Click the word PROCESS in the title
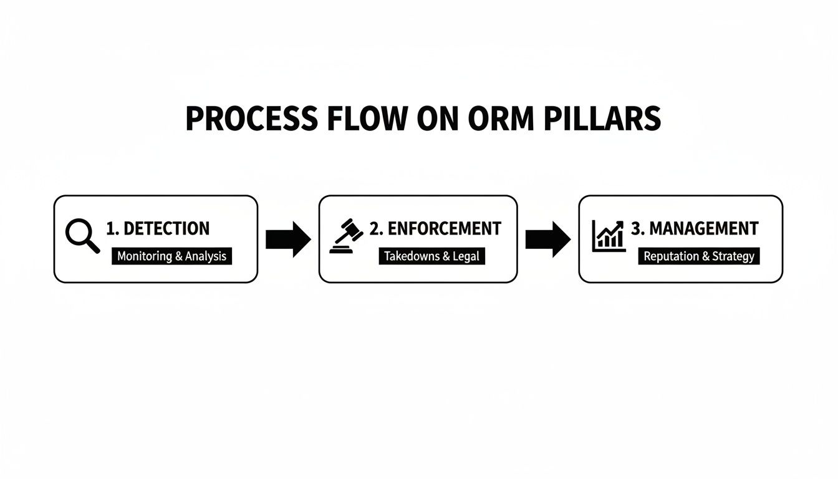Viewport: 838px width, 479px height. click(x=252, y=119)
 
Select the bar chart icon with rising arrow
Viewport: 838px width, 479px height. click(x=608, y=235)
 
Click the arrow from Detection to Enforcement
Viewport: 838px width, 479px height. click(x=287, y=239)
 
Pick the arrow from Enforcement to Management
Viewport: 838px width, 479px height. click(x=547, y=239)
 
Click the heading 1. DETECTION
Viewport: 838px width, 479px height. click(x=158, y=229)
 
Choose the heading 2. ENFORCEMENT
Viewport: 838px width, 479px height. click(x=435, y=229)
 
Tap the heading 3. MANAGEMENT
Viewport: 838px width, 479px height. click(x=695, y=228)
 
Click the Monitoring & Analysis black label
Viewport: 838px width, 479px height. click(x=171, y=256)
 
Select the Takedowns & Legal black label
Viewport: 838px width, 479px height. click(x=431, y=256)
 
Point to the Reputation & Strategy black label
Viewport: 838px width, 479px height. click(x=698, y=256)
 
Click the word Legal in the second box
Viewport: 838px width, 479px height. click(x=466, y=256)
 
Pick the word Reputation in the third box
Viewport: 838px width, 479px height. click(x=671, y=256)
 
